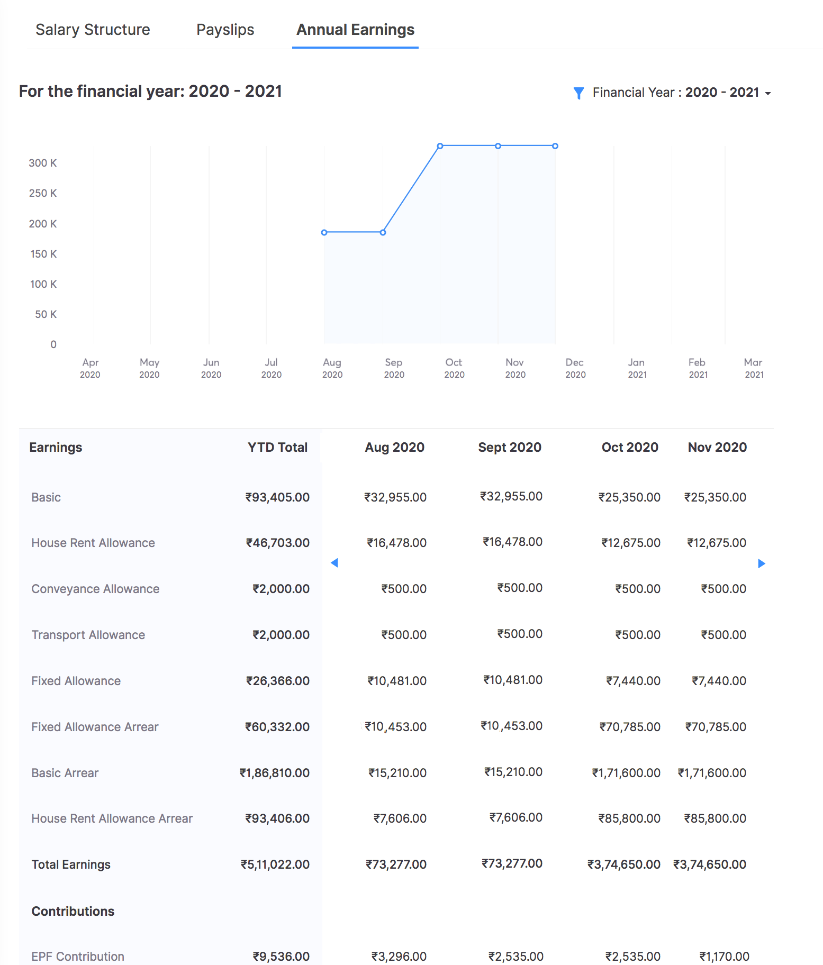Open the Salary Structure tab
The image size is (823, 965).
[93, 30]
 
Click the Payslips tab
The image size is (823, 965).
[225, 30]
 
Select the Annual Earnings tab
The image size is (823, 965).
[355, 30]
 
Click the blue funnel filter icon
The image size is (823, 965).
[578, 93]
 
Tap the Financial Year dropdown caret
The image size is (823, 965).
[768, 94]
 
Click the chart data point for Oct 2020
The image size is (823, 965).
[440, 146]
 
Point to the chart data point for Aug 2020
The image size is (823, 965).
[324, 232]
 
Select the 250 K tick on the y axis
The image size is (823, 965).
[43, 193]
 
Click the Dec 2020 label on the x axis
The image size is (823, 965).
[575, 368]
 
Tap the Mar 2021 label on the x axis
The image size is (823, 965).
[753, 368]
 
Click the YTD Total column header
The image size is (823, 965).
[277, 448]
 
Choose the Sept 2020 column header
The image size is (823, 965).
[509, 448]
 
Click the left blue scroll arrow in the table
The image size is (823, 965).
[334, 563]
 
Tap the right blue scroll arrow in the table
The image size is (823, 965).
[762, 563]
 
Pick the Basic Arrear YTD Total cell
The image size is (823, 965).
[274, 773]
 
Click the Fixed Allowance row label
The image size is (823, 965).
[76, 681]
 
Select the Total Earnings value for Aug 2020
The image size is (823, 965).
[396, 864]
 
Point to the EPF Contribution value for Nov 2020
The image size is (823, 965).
[724, 957]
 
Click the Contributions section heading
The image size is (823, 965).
[73, 911]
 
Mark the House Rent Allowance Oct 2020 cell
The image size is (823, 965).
[630, 543]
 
